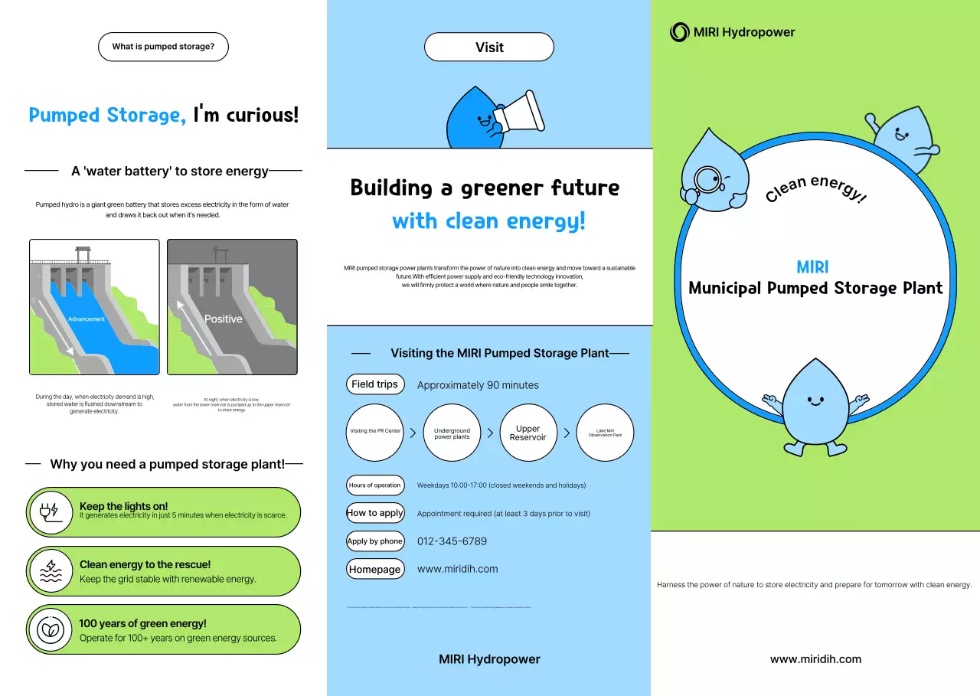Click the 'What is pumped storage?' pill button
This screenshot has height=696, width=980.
click(163, 47)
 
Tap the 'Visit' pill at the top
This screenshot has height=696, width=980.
click(489, 47)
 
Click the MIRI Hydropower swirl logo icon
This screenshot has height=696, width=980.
click(679, 32)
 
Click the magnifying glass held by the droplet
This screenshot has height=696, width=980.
click(706, 179)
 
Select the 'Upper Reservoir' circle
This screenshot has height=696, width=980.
click(528, 433)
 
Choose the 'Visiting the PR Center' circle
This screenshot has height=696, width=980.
click(375, 433)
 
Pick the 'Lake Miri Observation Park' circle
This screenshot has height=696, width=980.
click(605, 433)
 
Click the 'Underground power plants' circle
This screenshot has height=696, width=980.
click(452, 433)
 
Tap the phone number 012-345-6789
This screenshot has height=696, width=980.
click(452, 541)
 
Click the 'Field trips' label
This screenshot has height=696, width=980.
click(375, 384)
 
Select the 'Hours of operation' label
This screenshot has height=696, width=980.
click(375, 485)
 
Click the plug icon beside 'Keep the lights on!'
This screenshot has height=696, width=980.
click(49, 511)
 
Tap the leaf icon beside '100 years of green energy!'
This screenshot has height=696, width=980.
click(51, 630)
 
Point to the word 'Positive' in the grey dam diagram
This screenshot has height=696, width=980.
click(223, 319)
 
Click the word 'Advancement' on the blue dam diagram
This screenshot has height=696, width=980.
click(87, 319)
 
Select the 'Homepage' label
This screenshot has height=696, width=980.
click(375, 569)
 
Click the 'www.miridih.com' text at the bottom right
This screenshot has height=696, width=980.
click(815, 659)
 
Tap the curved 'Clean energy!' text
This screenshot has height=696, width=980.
click(816, 188)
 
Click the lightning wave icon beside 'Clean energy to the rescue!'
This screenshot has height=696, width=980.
click(51, 571)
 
